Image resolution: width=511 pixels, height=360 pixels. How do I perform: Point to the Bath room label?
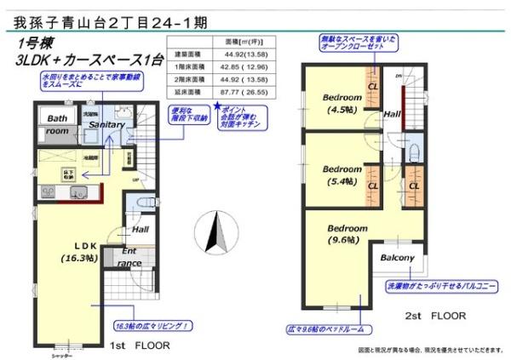(57, 125)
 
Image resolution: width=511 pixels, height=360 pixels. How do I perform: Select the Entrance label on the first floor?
(129, 258)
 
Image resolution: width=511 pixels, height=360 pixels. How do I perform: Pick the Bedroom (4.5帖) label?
(342, 103)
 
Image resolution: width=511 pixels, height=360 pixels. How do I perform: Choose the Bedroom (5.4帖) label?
(342, 174)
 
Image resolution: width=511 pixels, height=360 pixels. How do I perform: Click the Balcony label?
(397, 258)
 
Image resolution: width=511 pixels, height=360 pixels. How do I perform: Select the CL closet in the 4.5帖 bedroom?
(372, 87)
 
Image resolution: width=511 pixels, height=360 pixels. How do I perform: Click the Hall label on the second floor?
(392, 113)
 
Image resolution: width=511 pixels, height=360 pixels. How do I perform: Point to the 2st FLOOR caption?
(435, 316)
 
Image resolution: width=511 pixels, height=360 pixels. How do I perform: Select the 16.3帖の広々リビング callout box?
(152, 326)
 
